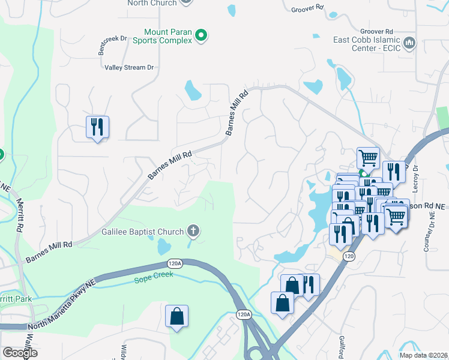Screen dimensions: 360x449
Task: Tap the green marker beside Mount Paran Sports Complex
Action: click(x=202, y=36)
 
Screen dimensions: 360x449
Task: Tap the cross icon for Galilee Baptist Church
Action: click(x=193, y=230)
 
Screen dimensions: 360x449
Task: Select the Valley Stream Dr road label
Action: click(x=129, y=68)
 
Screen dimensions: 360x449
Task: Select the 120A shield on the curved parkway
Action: click(x=175, y=263)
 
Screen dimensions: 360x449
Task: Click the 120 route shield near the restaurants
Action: click(x=348, y=256)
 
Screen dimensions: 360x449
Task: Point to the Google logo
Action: click(x=20, y=353)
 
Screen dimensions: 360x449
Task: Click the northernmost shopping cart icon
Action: click(x=369, y=158)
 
